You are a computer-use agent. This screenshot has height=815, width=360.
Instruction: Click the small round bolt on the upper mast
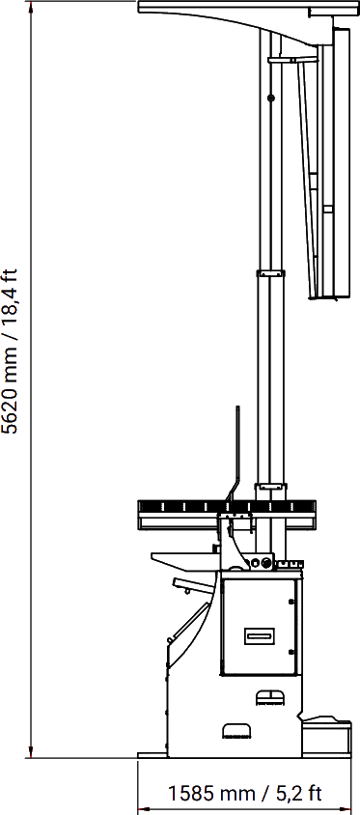(x=270, y=98)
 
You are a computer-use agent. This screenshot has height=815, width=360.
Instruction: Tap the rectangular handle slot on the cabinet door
(x=260, y=635)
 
